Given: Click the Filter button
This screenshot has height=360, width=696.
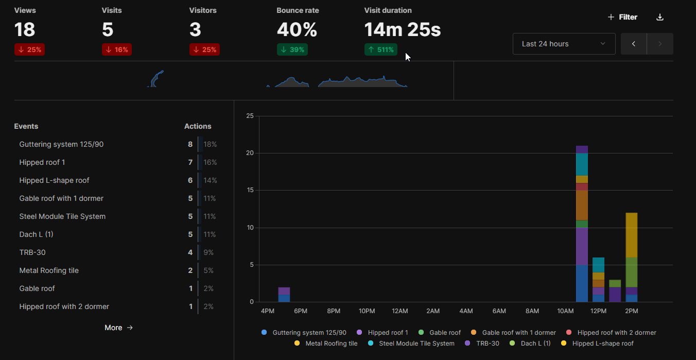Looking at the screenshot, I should tap(622, 17).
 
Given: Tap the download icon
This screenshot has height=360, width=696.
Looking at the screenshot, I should tap(660, 17).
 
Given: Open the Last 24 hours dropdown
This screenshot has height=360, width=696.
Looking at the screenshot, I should tap(564, 44).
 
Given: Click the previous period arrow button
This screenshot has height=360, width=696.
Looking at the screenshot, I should tap(634, 44).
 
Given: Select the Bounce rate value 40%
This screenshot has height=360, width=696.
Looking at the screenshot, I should tap(297, 30).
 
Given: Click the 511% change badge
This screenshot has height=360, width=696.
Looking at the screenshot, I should tap(380, 49).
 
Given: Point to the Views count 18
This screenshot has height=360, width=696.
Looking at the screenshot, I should tap(25, 30).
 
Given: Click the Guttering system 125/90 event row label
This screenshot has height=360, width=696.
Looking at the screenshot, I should tap(61, 144).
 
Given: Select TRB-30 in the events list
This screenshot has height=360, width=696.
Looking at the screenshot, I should tap(32, 252).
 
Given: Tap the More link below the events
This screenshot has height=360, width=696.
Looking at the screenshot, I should tap(118, 328).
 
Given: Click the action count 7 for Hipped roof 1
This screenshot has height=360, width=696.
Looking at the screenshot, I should tap(190, 162).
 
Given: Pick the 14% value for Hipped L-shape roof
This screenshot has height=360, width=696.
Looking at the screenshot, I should tap(210, 180).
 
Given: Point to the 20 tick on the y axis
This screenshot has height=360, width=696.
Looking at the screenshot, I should tap(250, 153).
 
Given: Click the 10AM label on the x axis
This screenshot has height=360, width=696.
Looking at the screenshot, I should tap(565, 311).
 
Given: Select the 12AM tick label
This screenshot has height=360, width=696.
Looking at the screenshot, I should tap(399, 311).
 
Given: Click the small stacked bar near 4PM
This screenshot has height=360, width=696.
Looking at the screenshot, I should tap(284, 295).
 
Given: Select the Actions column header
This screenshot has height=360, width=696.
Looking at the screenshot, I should tap(198, 126).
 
